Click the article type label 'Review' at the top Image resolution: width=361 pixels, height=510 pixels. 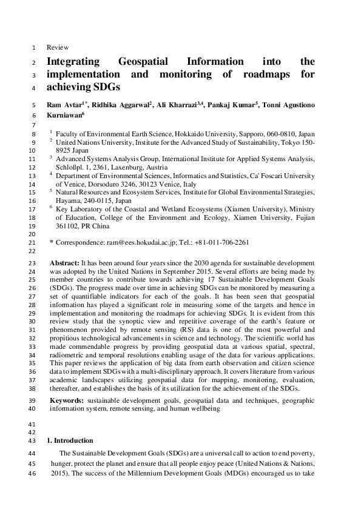[x=58, y=47]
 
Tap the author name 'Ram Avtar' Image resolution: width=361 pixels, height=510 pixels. [x=64, y=105]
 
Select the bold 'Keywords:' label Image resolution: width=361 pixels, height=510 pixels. [x=67, y=401]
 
